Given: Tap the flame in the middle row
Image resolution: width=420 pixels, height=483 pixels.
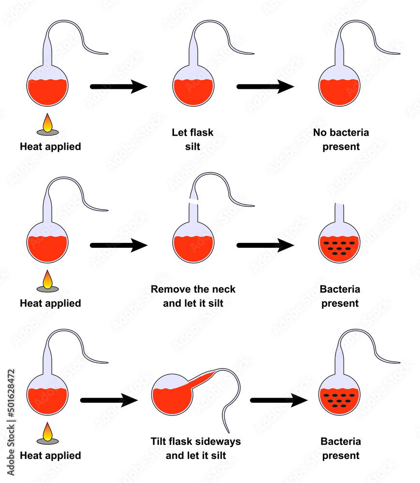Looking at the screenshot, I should click(x=48, y=281).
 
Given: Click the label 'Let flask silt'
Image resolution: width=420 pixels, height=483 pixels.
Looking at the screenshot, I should click(x=192, y=139).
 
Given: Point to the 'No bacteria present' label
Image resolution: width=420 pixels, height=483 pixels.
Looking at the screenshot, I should click(x=341, y=139).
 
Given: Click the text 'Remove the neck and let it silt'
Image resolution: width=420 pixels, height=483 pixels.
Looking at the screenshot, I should click(x=193, y=296).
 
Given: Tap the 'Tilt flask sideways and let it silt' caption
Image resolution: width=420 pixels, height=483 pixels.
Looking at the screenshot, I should click(x=195, y=448).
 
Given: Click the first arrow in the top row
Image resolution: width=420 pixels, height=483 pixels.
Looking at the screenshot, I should click(x=118, y=87).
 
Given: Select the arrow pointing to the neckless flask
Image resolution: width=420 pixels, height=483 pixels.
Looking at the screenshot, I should click(x=265, y=245).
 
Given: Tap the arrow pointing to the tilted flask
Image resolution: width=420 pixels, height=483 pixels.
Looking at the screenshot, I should click(x=109, y=400).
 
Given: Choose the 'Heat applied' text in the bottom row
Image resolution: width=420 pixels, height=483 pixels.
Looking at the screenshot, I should click(x=50, y=455).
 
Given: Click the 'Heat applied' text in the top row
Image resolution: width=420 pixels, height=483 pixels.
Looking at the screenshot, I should click(x=50, y=146).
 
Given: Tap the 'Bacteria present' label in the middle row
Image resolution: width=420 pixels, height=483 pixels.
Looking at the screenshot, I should click(x=340, y=296).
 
